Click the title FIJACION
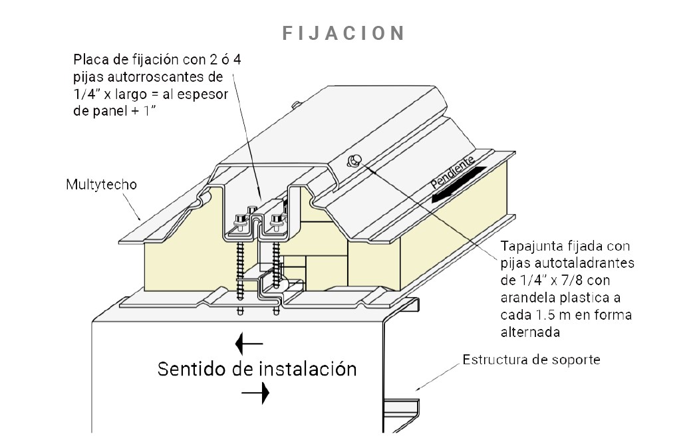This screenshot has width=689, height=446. coord(344,33)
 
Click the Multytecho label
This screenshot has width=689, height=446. coord(101,184)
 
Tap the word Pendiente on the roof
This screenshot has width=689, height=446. coord(453,172)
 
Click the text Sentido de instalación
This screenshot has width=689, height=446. coord(257,369)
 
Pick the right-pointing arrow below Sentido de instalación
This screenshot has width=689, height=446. coord(255,393)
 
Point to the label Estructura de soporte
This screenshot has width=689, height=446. coord(531,360)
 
